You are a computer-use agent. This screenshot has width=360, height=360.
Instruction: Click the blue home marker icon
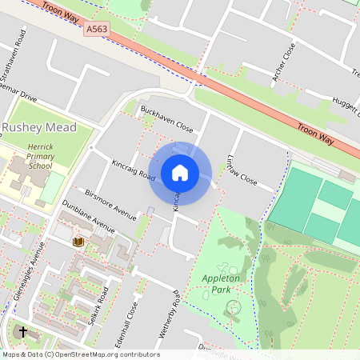coord(180,172)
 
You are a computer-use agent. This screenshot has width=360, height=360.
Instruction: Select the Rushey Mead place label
coord(38,127)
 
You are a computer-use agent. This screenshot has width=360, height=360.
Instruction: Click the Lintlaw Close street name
coord(242,170)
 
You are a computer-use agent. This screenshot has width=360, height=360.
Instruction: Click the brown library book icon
coord(78,242)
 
